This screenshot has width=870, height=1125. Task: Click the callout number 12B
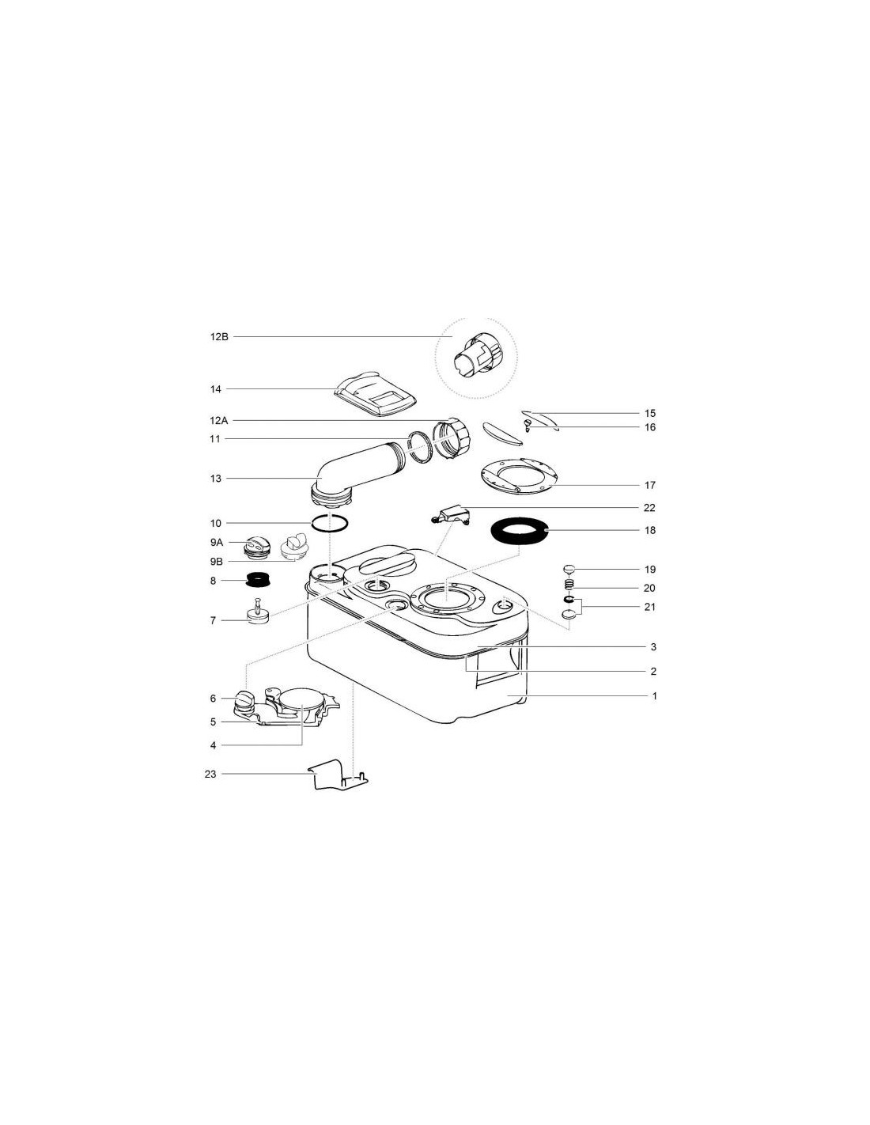tap(219, 337)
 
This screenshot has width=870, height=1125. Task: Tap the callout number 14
tap(215, 389)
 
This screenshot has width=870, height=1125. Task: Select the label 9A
tap(217, 543)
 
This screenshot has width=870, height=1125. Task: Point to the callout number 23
tap(210, 775)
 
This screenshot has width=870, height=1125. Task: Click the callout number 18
tap(650, 530)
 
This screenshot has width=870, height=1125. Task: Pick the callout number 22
tap(649, 508)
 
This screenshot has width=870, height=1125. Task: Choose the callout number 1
tap(654, 696)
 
